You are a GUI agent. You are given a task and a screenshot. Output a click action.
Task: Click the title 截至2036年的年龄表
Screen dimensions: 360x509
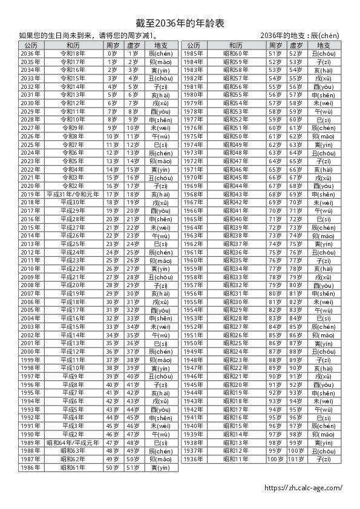tap(180, 23)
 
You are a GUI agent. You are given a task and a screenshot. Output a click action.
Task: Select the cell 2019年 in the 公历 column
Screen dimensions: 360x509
tap(30, 194)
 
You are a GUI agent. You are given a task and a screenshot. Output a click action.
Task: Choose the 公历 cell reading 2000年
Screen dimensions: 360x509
tap(30, 351)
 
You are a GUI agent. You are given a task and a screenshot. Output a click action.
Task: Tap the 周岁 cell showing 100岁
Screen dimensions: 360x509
tap(275, 459)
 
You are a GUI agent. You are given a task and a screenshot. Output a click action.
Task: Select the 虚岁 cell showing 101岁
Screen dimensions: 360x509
tap(296, 459)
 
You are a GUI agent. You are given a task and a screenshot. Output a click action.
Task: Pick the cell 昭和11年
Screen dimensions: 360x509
tap(236, 459)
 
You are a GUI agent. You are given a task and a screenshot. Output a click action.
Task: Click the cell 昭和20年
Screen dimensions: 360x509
tap(236, 384)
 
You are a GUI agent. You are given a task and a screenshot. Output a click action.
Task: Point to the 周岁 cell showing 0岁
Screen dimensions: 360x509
tap(113, 53)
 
